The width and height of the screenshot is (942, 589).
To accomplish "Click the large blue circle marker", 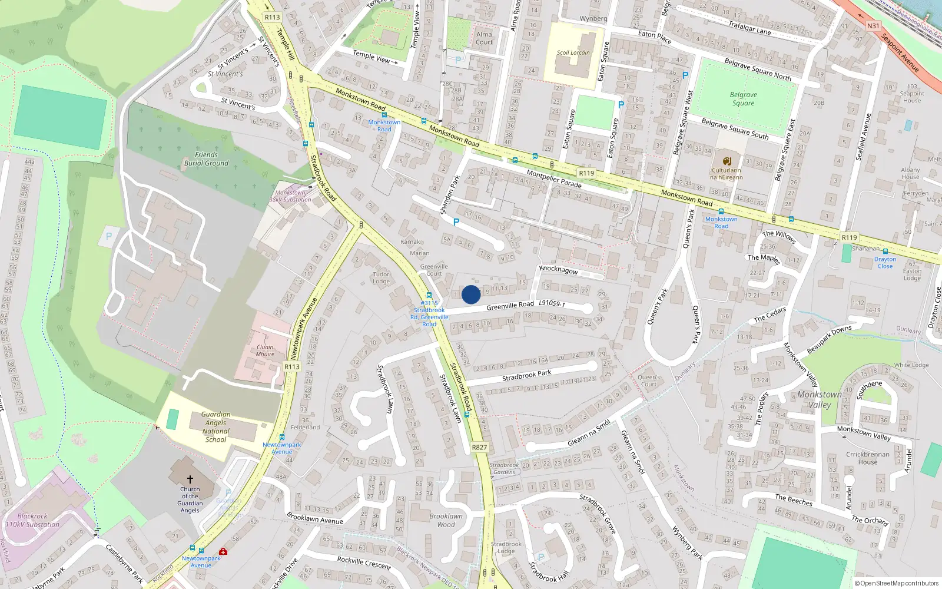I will coord(471,294).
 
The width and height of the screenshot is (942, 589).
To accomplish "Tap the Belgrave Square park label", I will coord(743,99).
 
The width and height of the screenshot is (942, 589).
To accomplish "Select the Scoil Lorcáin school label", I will coord(573,52).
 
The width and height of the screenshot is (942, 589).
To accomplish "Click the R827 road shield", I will coord(479,448).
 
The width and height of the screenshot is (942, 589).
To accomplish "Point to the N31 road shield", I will coord(873,26).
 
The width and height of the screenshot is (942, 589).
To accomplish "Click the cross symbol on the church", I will coord(190,480).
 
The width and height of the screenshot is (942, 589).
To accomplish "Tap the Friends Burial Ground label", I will coord(206,159).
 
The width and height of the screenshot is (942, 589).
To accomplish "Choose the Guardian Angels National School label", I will coord(215,427).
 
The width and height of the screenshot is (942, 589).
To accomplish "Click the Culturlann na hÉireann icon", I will coord(727,161).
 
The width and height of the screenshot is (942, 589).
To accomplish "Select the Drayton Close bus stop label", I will coord(885,263).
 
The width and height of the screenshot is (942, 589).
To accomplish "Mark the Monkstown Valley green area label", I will coord(820,399).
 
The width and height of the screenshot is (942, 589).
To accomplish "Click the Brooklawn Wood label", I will coord(446,520).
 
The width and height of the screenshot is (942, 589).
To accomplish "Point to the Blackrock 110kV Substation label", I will coord(32,520).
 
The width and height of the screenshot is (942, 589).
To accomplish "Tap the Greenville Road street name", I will coord(510,306).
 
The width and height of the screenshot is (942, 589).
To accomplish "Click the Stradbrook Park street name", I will coord(526,375).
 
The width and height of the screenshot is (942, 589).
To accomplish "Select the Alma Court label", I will coord(484,38).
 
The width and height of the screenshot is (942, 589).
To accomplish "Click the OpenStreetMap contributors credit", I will coord(896,583).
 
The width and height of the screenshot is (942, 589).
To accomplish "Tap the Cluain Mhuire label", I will coord(265,350).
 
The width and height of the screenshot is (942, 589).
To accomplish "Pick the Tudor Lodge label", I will coord(381,277).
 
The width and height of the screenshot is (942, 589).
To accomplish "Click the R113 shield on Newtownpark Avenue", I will coord(292,366).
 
